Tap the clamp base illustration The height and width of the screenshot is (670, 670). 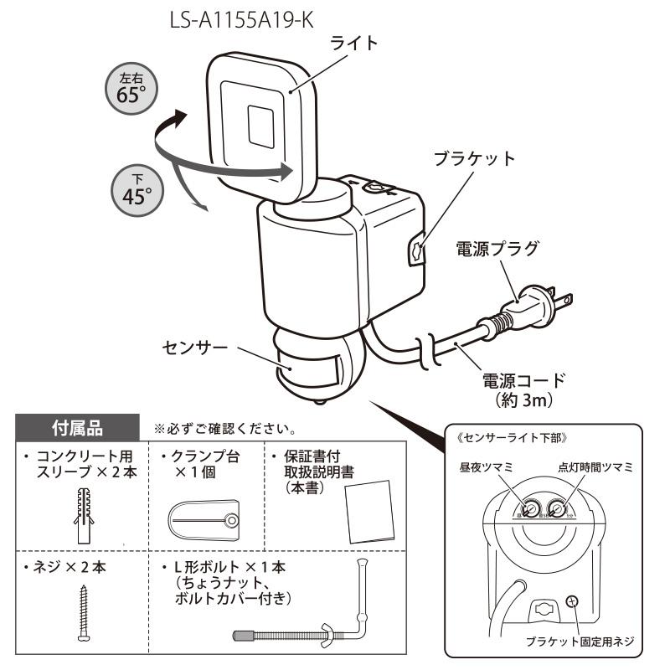204,522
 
